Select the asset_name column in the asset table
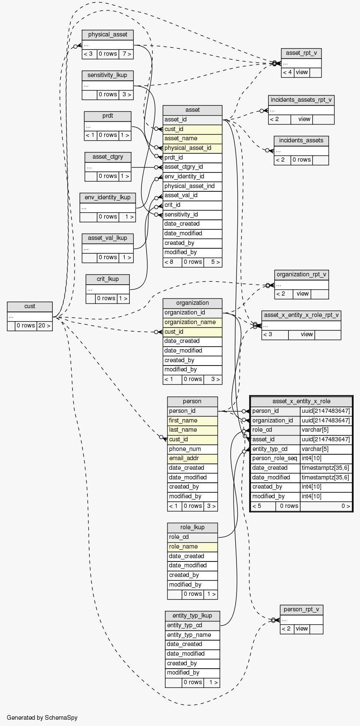192,139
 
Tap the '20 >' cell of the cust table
44,326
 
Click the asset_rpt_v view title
301,53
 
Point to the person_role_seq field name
275,458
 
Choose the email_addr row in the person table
192,458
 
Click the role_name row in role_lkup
192,547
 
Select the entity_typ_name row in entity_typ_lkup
192,635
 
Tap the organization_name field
192,322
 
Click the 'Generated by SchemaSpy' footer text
42,718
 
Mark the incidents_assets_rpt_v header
301,100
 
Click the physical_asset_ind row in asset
192,186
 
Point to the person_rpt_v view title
301,610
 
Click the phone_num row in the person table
192,449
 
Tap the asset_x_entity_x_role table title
301,401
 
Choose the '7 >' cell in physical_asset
126,54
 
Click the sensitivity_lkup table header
108,75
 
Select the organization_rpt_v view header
301,275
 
